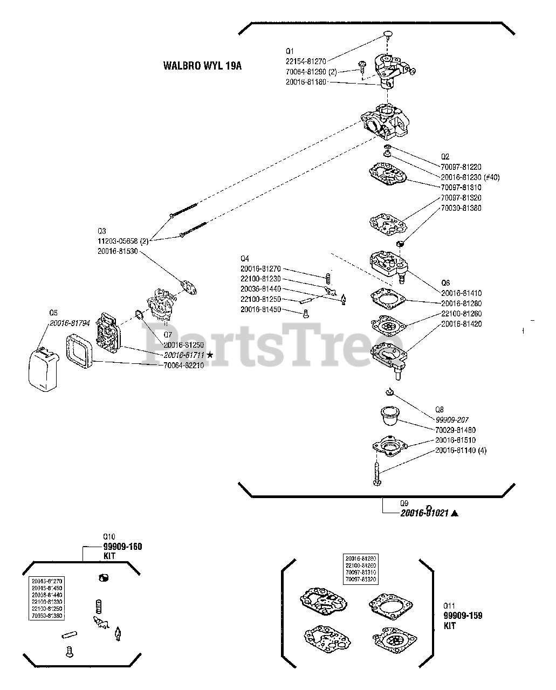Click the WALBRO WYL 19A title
coord(202,66)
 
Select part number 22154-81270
coord(306,61)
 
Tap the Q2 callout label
coord(445,157)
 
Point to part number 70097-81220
coord(461,167)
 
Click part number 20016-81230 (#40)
coord(470,177)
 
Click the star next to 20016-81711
coord(209,355)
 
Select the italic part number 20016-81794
coord(70,323)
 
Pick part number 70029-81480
coord(455,430)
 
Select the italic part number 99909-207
coord(451,419)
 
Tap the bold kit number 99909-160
coord(122,547)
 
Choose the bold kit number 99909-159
coord(463,616)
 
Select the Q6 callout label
coord(445,283)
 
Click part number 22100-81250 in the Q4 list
coord(260,299)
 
